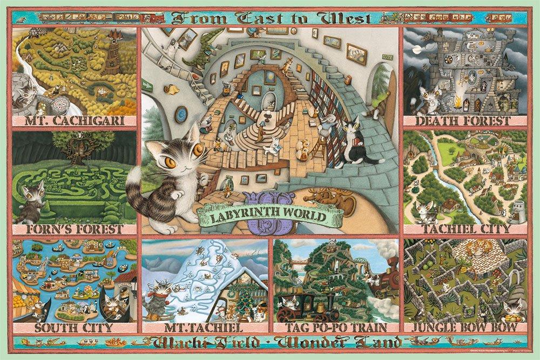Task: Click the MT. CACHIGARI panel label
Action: pos(75,120)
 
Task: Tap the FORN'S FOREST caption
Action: pos(75,229)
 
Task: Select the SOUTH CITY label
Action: pos(74,328)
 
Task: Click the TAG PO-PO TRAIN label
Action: pos(337,328)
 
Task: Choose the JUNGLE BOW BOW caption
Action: pos(465,328)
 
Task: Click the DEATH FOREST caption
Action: pos(465,120)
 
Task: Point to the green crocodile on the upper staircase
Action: pos(208,55)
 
